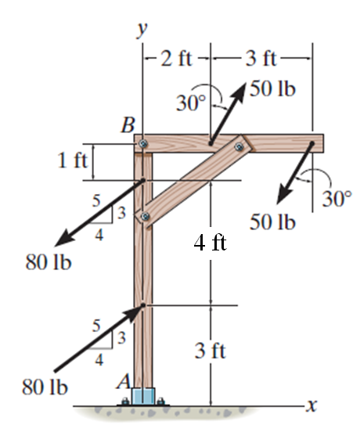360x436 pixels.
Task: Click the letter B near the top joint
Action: point(128,125)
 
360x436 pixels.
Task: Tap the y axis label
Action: point(142,29)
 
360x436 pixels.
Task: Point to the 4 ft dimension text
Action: point(210,243)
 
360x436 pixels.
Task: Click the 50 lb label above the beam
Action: point(272,88)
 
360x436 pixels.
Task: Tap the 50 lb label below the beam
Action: point(272,222)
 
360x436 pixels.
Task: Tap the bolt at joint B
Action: point(142,144)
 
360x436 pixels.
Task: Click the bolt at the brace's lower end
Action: point(143,215)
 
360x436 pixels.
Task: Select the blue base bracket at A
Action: point(145,396)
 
